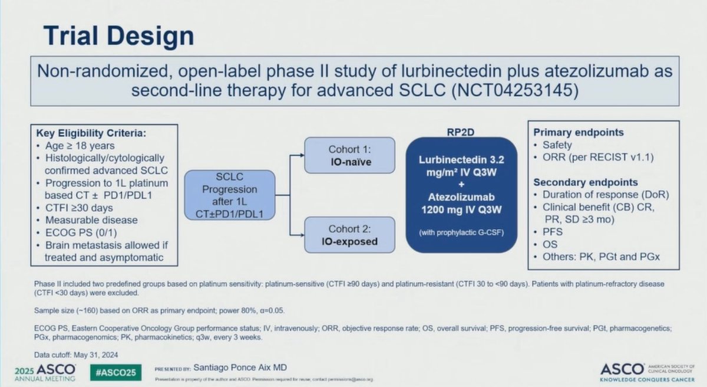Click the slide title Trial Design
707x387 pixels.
(119, 36)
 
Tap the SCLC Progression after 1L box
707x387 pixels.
(229, 195)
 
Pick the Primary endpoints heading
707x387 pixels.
(579, 132)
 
